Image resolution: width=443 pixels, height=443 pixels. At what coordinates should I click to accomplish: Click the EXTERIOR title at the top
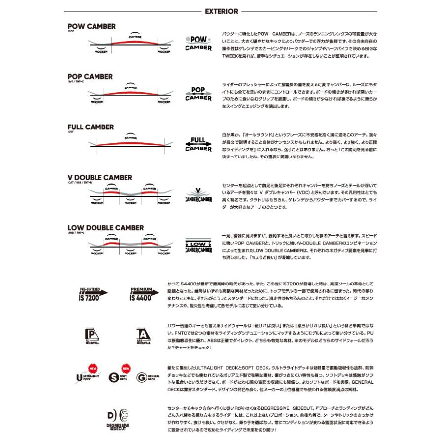[x=221, y=11]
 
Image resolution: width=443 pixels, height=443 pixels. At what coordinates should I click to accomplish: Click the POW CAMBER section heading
[x=92, y=26]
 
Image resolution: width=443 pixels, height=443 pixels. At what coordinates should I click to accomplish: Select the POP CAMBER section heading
[x=90, y=77]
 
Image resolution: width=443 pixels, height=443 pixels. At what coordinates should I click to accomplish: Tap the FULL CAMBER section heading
[x=91, y=127]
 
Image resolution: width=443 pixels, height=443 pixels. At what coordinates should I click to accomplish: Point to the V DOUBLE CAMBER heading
[x=100, y=177]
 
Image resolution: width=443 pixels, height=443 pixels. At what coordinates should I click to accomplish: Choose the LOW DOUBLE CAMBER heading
[x=106, y=228]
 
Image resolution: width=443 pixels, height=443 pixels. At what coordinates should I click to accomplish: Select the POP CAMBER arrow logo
[x=198, y=94]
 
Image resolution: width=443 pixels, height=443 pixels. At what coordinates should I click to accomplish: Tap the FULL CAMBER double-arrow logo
[x=198, y=144]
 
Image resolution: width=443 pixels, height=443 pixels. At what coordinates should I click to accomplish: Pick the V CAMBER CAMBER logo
[x=198, y=195]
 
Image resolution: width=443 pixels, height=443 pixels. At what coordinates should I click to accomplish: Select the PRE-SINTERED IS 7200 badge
[x=93, y=294]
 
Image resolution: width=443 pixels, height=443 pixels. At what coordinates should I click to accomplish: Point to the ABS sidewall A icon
[x=143, y=336]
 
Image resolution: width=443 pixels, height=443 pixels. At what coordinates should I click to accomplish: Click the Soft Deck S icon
[x=117, y=377]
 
